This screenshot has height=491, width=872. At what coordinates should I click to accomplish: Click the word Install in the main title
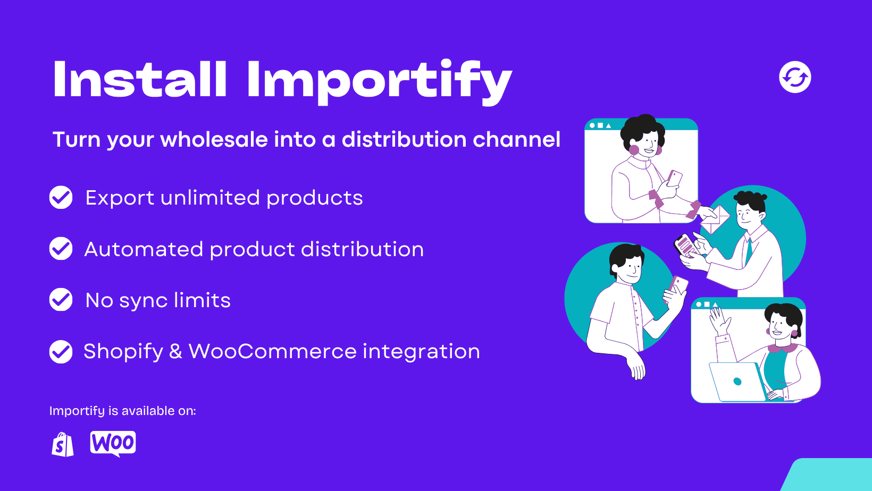tap(140, 79)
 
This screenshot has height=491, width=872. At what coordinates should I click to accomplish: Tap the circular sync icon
tap(795, 77)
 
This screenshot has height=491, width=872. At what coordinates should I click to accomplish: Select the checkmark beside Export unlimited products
tap(61, 197)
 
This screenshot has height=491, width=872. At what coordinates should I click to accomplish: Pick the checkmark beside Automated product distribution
tap(61, 248)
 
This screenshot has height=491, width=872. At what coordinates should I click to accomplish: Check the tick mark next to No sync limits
tap(61, 300)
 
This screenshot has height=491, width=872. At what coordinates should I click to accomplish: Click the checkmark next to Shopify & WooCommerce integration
tap(61, 351)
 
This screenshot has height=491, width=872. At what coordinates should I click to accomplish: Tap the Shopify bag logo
tap(63, 444)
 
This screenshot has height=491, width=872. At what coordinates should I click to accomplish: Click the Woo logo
tap(113, 444)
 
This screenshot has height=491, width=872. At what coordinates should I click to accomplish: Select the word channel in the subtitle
tap(517, 139)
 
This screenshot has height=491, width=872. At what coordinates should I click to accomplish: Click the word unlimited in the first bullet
tap(210, 197)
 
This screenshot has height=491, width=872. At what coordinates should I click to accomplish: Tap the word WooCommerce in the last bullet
tap(272, 351)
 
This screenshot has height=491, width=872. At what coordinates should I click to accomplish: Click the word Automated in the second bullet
tap(144, 249)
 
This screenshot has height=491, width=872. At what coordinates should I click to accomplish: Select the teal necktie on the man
tap(748, 252)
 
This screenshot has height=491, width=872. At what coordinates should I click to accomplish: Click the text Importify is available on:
tap(123, 411)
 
